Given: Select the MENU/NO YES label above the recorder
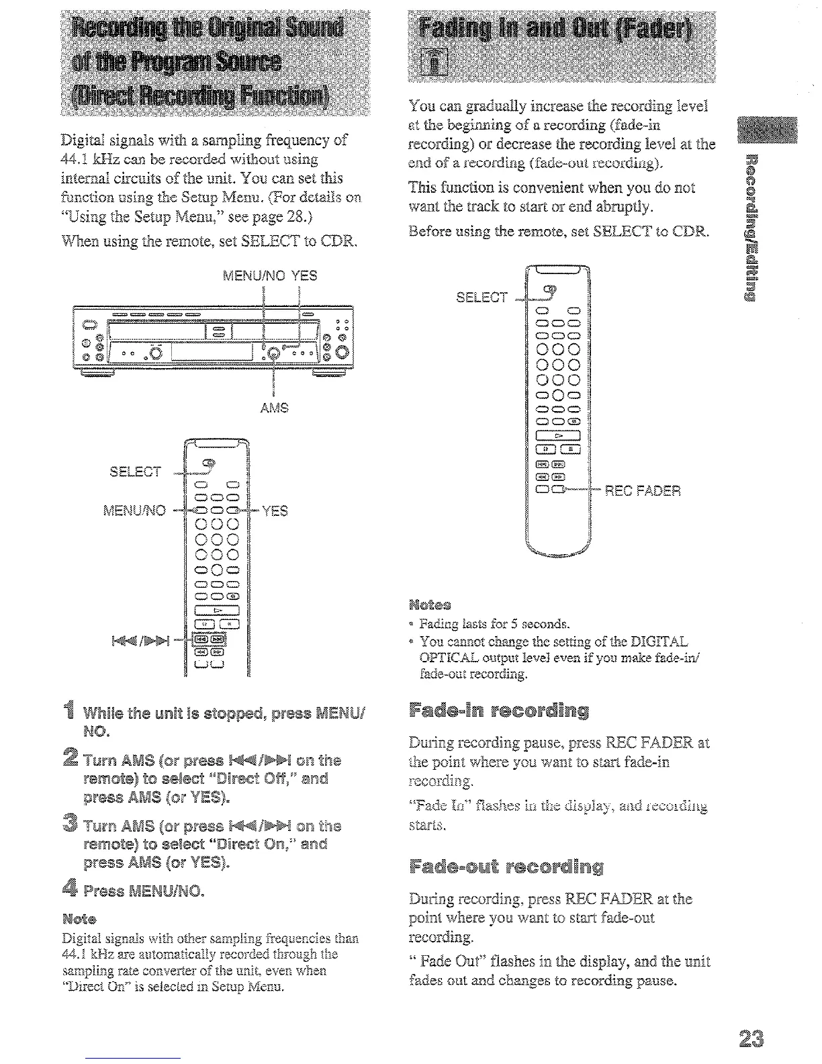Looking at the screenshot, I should click(x=270, y=275).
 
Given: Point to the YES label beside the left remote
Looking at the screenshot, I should click(x=275, y=511).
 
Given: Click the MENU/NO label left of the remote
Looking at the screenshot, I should click(x=134, y=511).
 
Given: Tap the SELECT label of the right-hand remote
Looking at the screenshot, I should click(x=482, y=297).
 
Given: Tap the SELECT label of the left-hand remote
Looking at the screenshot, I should click(x=135, y=472).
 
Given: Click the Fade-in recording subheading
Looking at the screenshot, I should click(x=499, y=711).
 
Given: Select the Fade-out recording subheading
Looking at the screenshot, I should click(x=506, y=867).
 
